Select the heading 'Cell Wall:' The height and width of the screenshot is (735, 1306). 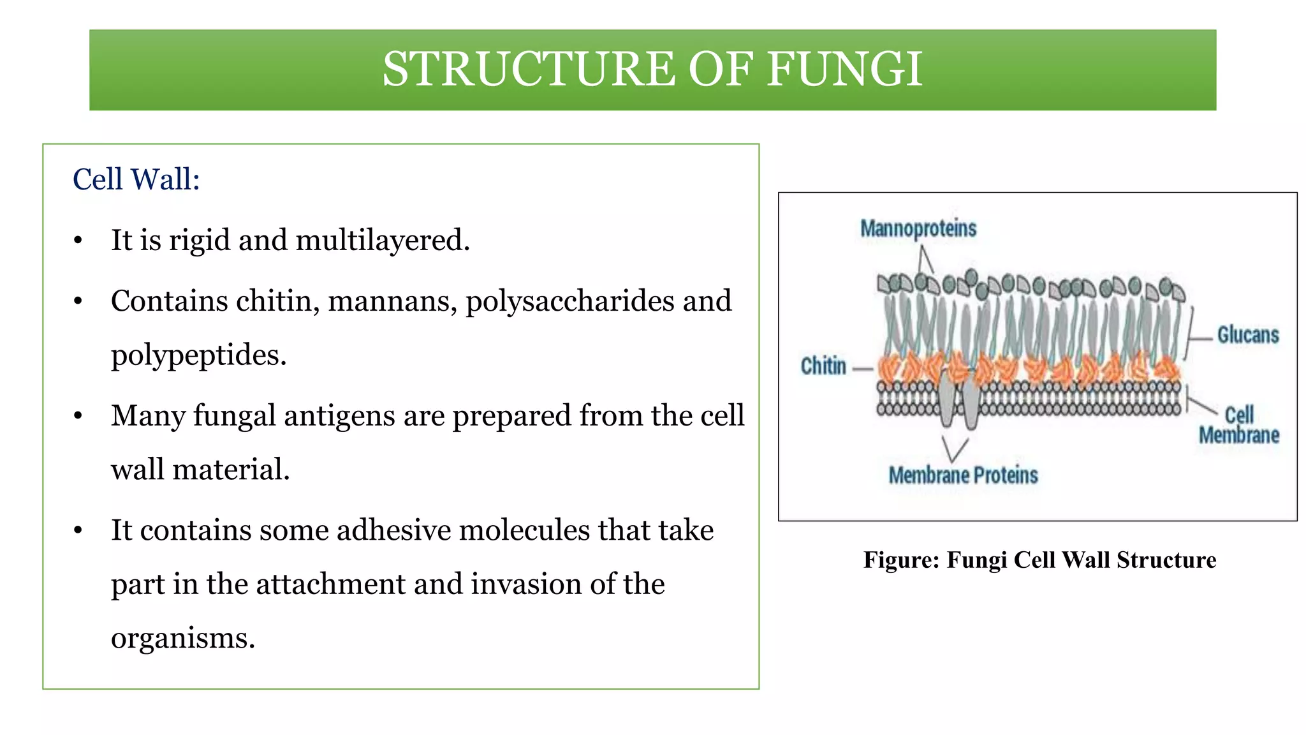coord(136,179)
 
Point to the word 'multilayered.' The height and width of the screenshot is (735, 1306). coord(383,241)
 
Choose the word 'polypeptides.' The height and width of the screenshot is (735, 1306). coord(199,355)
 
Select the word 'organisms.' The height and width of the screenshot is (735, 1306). coord(183,638)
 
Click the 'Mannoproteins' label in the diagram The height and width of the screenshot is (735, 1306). coord(918,228)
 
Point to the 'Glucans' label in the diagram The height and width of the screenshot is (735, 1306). coord(1248,335)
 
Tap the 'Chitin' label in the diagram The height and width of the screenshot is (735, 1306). coord(823,366)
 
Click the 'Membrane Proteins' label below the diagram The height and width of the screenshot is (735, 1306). coord(963,475)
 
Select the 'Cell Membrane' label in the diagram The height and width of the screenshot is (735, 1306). coord(1239,425)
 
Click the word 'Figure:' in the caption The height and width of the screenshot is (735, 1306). coord(902,560)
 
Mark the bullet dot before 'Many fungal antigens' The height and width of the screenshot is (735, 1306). coord(78,417)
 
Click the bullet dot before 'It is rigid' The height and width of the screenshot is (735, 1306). coord(78,241)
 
